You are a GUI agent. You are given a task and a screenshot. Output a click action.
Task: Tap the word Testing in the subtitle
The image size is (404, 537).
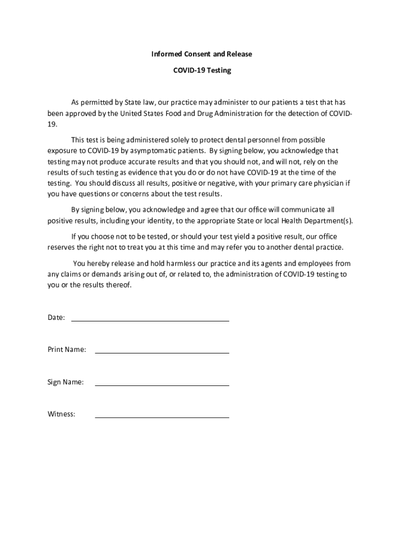(219, 70)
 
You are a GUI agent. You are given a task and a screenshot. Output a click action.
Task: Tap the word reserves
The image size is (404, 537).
(62, 247)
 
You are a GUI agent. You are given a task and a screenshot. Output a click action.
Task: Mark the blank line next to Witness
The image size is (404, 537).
(162, 417)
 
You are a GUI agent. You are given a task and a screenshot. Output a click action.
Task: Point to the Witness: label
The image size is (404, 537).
(61, 414)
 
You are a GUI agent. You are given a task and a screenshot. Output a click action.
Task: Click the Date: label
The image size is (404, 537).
(56, 317)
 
